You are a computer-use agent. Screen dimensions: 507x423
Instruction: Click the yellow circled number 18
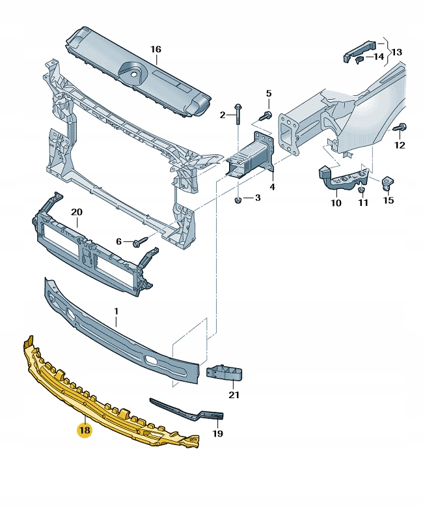coord(85,430)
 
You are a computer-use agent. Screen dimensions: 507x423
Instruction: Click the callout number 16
coord(156,50)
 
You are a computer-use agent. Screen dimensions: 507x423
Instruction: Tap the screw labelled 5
coord(266,115)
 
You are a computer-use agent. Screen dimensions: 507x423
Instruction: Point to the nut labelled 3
coord(238,198)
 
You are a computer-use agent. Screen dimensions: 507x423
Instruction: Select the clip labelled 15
coord(387,182)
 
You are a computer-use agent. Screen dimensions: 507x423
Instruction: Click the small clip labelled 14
coord(359,59)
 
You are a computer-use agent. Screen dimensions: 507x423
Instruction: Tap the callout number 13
coord(397,51)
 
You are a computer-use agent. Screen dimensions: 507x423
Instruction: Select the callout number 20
coord(77,212)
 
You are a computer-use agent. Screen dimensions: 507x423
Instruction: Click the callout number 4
coord(272,187)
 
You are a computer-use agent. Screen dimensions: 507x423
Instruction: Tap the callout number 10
coord(336,203)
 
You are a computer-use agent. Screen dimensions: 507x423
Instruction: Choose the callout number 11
coord(363,203)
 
